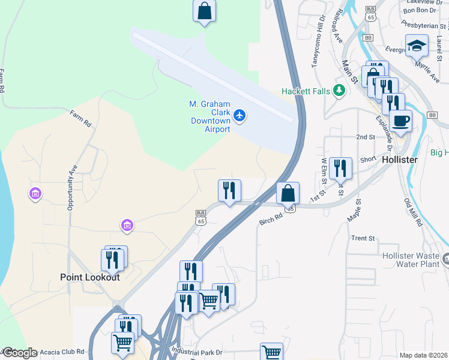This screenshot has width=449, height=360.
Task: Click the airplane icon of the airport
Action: point(240,115)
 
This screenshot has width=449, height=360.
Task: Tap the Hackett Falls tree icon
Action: point(340,91)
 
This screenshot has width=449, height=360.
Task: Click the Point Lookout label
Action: point(90,277)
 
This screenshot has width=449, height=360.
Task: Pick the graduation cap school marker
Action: point(416,46)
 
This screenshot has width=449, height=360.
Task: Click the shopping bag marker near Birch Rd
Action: point(288,193)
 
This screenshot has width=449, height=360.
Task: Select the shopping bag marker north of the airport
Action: point(204,11)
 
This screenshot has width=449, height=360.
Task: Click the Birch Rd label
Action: point(271,220)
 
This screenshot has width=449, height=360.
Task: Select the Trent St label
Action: point(363,238)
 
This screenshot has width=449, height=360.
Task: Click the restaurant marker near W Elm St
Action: point(340,169)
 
